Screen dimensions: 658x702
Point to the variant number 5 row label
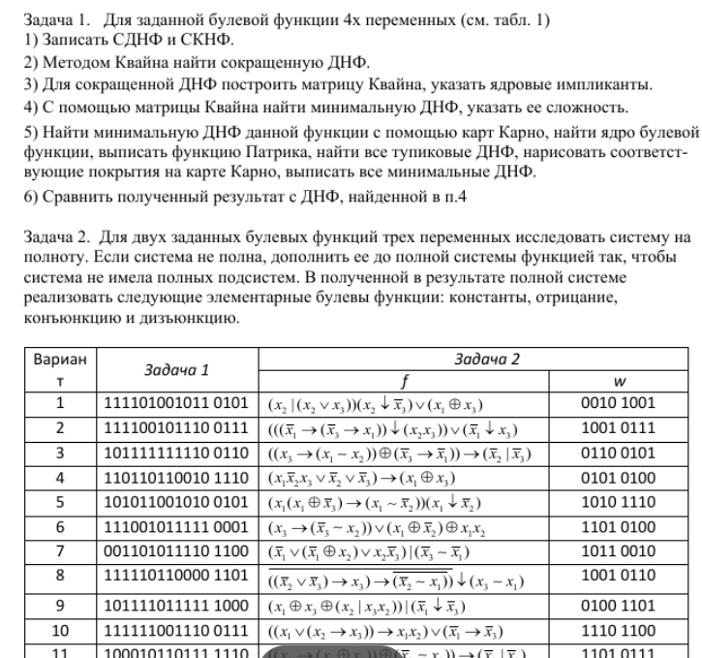point(59,501)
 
